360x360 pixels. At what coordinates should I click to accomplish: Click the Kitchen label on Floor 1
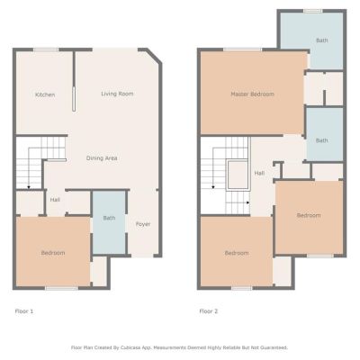pyautogui.click(x=45, y=94)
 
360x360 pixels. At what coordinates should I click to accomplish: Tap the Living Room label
pyautogui.click(x=117, y=94)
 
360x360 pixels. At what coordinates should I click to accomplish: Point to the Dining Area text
pyautogui.click(x=102, y=158)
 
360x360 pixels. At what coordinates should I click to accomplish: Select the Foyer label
pyautogui.click(x=143, y=224)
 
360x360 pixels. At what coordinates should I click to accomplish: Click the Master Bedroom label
pyautogui.click(x=252, y=94)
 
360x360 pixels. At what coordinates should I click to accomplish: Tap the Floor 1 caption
pyautogui.click(x=24, y=311)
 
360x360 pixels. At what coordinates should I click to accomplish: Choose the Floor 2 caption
pyautogui.click(x=209, y=311)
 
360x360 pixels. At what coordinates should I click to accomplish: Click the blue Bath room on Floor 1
pyautogui.click(x=109, y=222)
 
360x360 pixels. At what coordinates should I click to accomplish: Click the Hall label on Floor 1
pyautogui.click(x=55, y=200)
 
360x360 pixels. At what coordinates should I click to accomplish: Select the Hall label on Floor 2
pyautogui.click(x=259, y=173)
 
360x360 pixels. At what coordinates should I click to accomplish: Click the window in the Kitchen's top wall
pyautogui.click(x=46, y=49)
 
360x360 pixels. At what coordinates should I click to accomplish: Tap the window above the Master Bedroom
pyautogui.click(x=242, y=49)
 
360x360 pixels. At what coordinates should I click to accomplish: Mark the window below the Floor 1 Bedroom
pyautogui.click(x=61, y=288)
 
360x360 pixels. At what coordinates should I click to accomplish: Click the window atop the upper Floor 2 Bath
pyautogui.click(x=313, y=11)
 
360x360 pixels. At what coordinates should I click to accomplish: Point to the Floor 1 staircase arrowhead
pyautogui.click(x=29, y=187)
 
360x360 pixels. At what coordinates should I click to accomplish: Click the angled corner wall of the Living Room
pyautogui.click(x=155, y=56)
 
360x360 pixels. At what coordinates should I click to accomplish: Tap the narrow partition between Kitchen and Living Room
pyautogui.click(x=74, y=99)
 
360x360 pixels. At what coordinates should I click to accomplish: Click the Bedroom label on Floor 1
pyautogui.click(x=53, y=253)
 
